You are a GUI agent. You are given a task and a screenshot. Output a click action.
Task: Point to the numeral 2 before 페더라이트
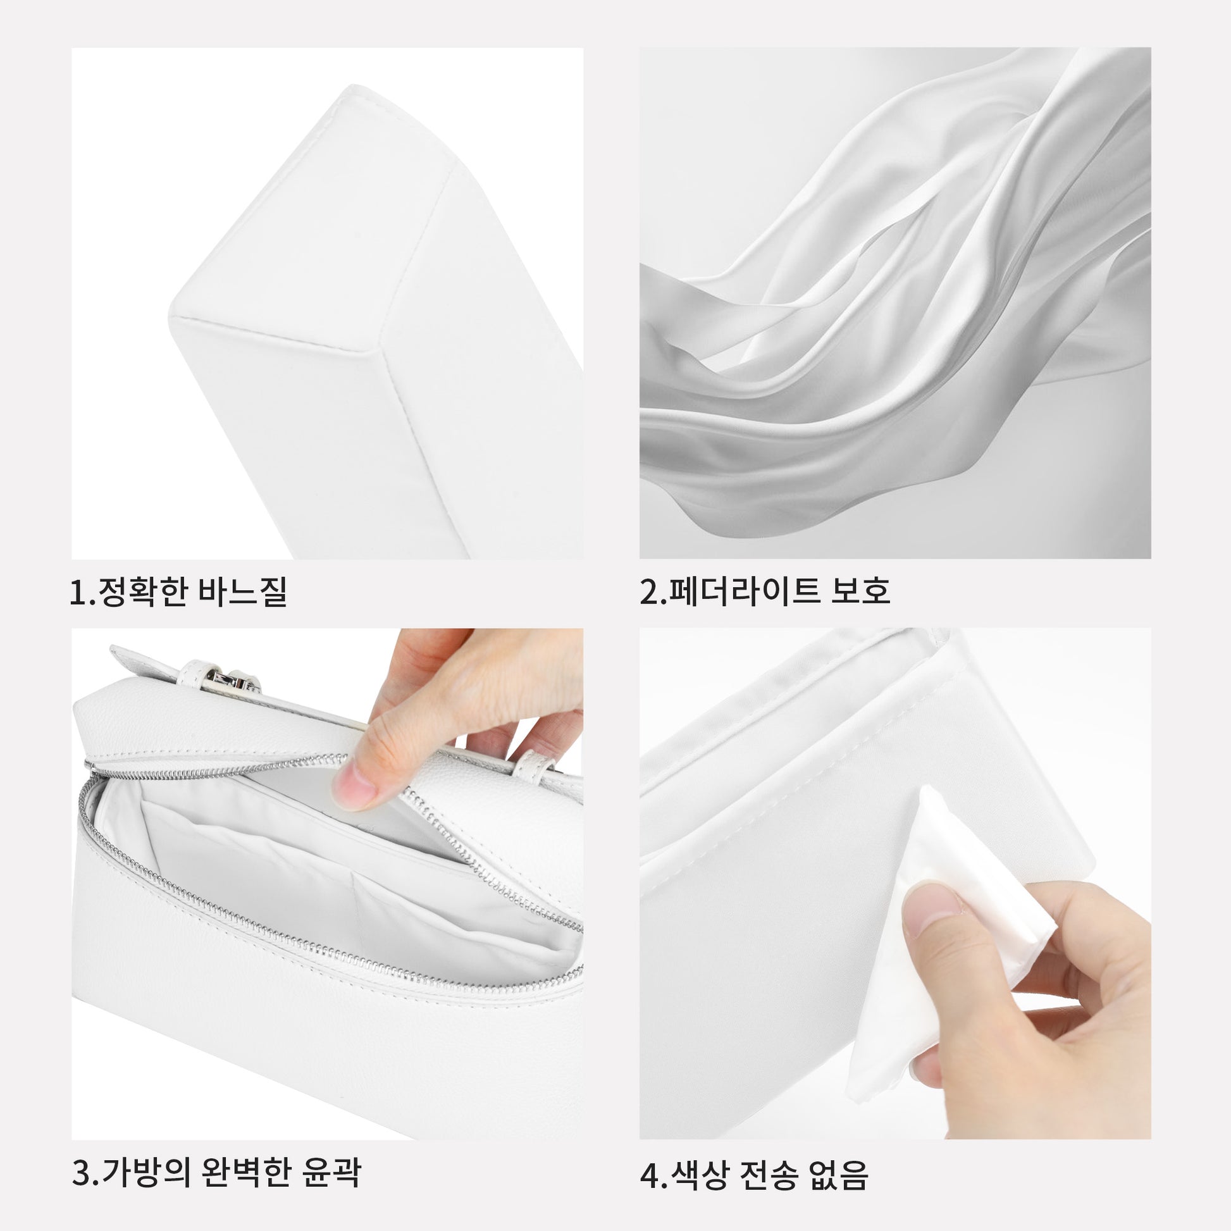tap(648, 592)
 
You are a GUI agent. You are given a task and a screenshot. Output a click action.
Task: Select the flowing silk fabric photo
tap(895, 302)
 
